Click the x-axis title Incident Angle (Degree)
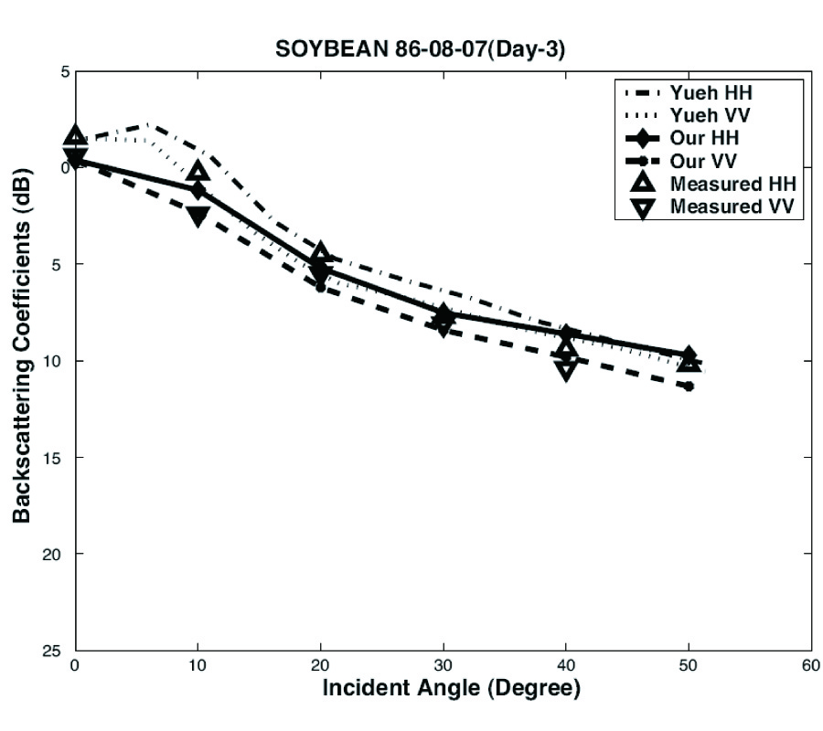451,688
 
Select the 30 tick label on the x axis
443,666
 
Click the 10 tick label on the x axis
198,666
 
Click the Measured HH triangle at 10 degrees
198,172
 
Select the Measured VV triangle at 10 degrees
198,217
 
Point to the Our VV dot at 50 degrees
689,387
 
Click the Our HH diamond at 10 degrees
198,189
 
